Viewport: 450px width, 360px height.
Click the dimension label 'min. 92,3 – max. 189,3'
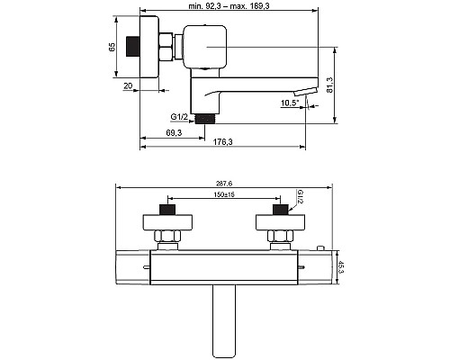click(229, 5)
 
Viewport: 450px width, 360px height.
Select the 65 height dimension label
click(112, 47)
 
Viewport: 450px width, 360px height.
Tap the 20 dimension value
click(128, 85)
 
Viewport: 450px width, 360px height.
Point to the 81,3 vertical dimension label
click(329, 85)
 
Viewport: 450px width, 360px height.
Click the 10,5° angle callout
click(290, 103)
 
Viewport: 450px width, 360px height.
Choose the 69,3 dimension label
click(174, 132)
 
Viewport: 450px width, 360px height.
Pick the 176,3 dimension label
click(222, 142)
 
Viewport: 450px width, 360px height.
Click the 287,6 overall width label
click(224, 183)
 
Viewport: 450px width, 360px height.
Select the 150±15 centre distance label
click(224, 194)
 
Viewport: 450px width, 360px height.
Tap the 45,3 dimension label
click(341, 267)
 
